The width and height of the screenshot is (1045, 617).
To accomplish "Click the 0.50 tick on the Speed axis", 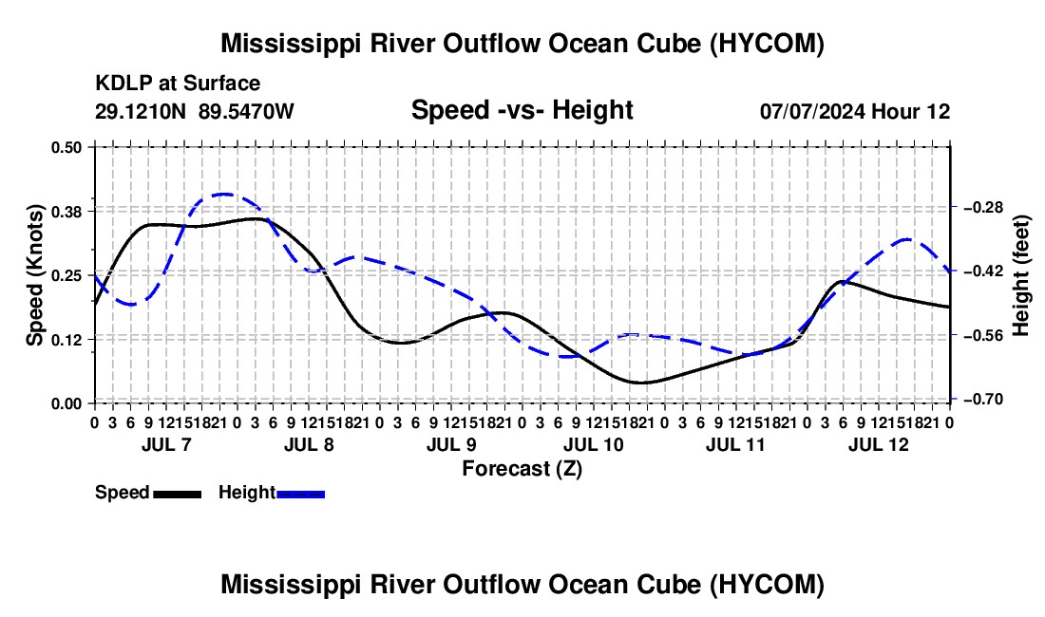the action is (x=66, y=147).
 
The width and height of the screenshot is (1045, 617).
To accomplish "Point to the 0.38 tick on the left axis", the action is (x=66, y=211).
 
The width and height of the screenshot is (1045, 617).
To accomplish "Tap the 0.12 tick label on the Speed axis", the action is (x=66, y=340).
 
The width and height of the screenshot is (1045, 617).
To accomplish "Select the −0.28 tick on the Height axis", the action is (x=983, y=208).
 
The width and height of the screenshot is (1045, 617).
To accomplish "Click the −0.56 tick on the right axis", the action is (x=983, y=335).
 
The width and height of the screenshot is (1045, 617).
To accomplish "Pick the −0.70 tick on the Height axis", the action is (x=983, y=400).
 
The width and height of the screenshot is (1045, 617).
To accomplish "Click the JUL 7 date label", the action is (x=166, y=444).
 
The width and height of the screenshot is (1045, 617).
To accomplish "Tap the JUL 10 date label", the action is (x=593, y=444).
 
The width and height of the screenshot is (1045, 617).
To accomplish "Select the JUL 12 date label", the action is (x=879, y=444).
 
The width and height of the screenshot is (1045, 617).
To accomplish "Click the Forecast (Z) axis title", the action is (x=522, y=469).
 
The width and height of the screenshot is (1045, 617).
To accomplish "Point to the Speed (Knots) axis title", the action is (x=34, y=275).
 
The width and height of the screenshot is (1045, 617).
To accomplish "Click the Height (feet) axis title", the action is (x=1020, y=275).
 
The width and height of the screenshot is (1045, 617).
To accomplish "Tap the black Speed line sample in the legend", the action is (x=178, y=494).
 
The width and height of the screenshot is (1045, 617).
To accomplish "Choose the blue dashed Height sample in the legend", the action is (x=300, y=494).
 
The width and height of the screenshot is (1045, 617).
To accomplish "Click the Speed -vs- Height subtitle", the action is (x=522, y=110).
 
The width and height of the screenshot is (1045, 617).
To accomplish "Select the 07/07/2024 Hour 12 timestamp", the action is (x=855, y=111).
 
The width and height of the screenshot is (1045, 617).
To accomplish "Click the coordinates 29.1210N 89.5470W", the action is (x=194, y=111).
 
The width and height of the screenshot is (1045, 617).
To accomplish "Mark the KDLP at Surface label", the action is (x=178, y=84).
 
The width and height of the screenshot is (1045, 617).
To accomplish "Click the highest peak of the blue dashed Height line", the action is (x=222, y=194).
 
